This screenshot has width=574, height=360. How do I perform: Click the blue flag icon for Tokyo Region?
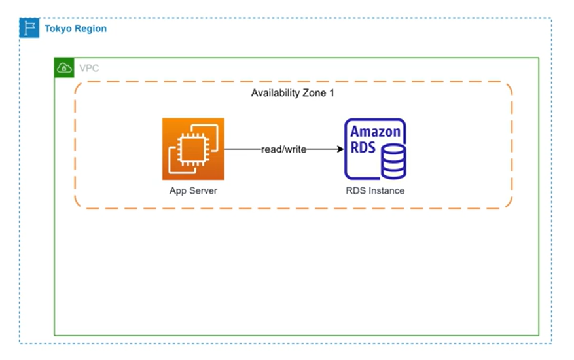[x=29, y=28]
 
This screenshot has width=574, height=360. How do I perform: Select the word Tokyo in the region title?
[x=57, y=29]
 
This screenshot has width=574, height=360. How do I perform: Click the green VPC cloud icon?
[x=64, y=67]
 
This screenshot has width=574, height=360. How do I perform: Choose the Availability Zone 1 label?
[x=293, y=93]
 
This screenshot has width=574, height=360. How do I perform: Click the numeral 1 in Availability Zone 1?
[x=331, y=93]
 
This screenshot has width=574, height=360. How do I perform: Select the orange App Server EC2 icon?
[x=193, y=149]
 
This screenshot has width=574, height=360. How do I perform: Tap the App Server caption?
[x=193, y=190]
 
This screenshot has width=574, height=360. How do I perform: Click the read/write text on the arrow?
[x=284, y=149]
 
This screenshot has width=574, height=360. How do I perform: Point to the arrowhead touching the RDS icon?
[x=340, y=149]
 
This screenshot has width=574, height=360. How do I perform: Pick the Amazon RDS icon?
[x=375, y=149]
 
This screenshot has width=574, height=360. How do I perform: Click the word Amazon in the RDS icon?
[x=375, y=131]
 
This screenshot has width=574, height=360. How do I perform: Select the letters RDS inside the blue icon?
[x=363, y=147]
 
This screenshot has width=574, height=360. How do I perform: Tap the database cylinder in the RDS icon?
[x=393, y=161]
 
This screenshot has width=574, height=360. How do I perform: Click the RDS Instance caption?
[x=375, y=190]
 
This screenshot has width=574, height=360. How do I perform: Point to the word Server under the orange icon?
[x=204, y=190]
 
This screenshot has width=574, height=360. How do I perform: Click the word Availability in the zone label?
[x=276, y=93]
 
